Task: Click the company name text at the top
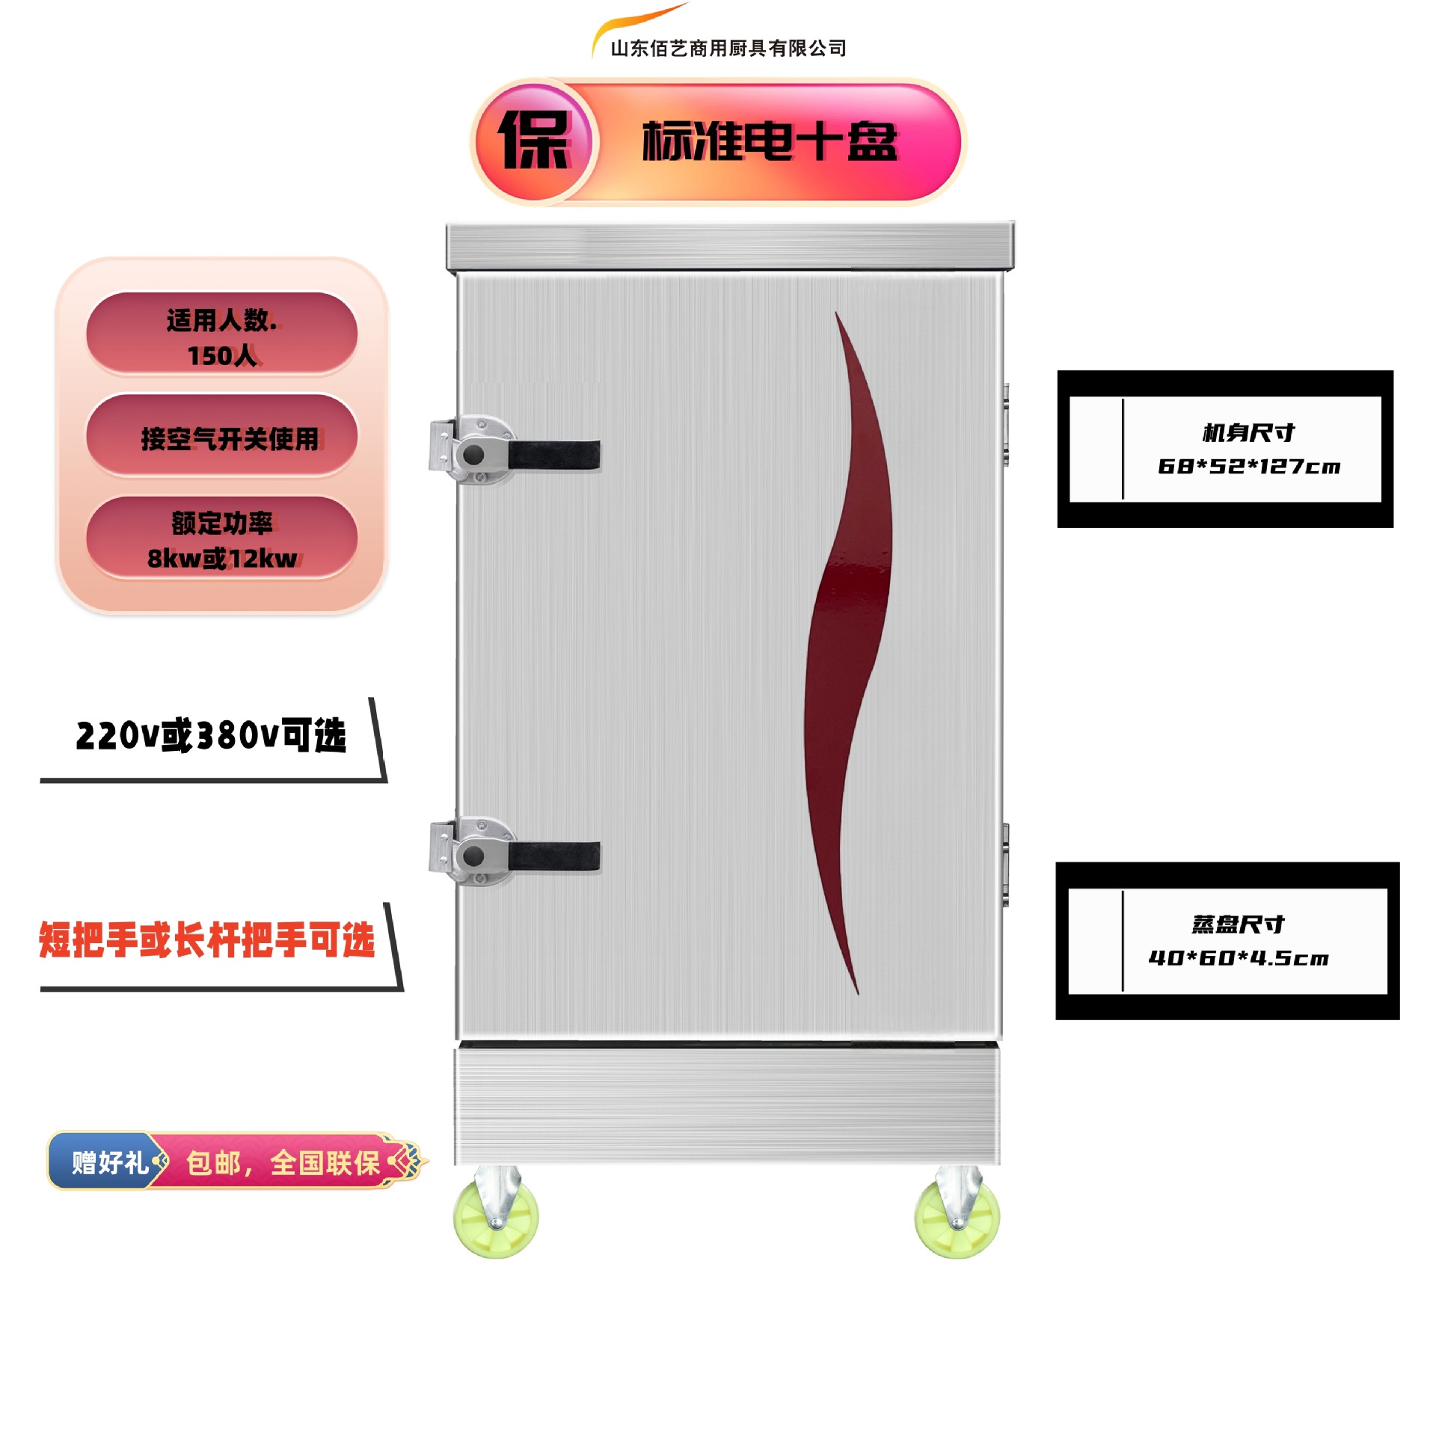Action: [x=728, y=49]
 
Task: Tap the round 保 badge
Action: [x=534, y=141]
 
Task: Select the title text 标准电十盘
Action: [x=770, y=141]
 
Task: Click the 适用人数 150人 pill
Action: [x=221, y=334]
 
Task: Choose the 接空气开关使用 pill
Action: [x=221, y=437]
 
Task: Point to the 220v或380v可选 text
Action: [x=211, y=736]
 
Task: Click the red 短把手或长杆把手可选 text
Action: [x=206, y=940]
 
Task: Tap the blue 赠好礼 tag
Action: [x=108, y=1162]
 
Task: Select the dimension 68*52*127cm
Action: [x=1248, y=467]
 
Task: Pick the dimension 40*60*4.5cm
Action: [x=1238, y=958]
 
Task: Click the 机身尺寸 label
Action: [x=1248, y=432]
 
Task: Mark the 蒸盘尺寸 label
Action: [x=1238, y=924]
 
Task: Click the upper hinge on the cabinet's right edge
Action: [x=1006, y=425]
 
